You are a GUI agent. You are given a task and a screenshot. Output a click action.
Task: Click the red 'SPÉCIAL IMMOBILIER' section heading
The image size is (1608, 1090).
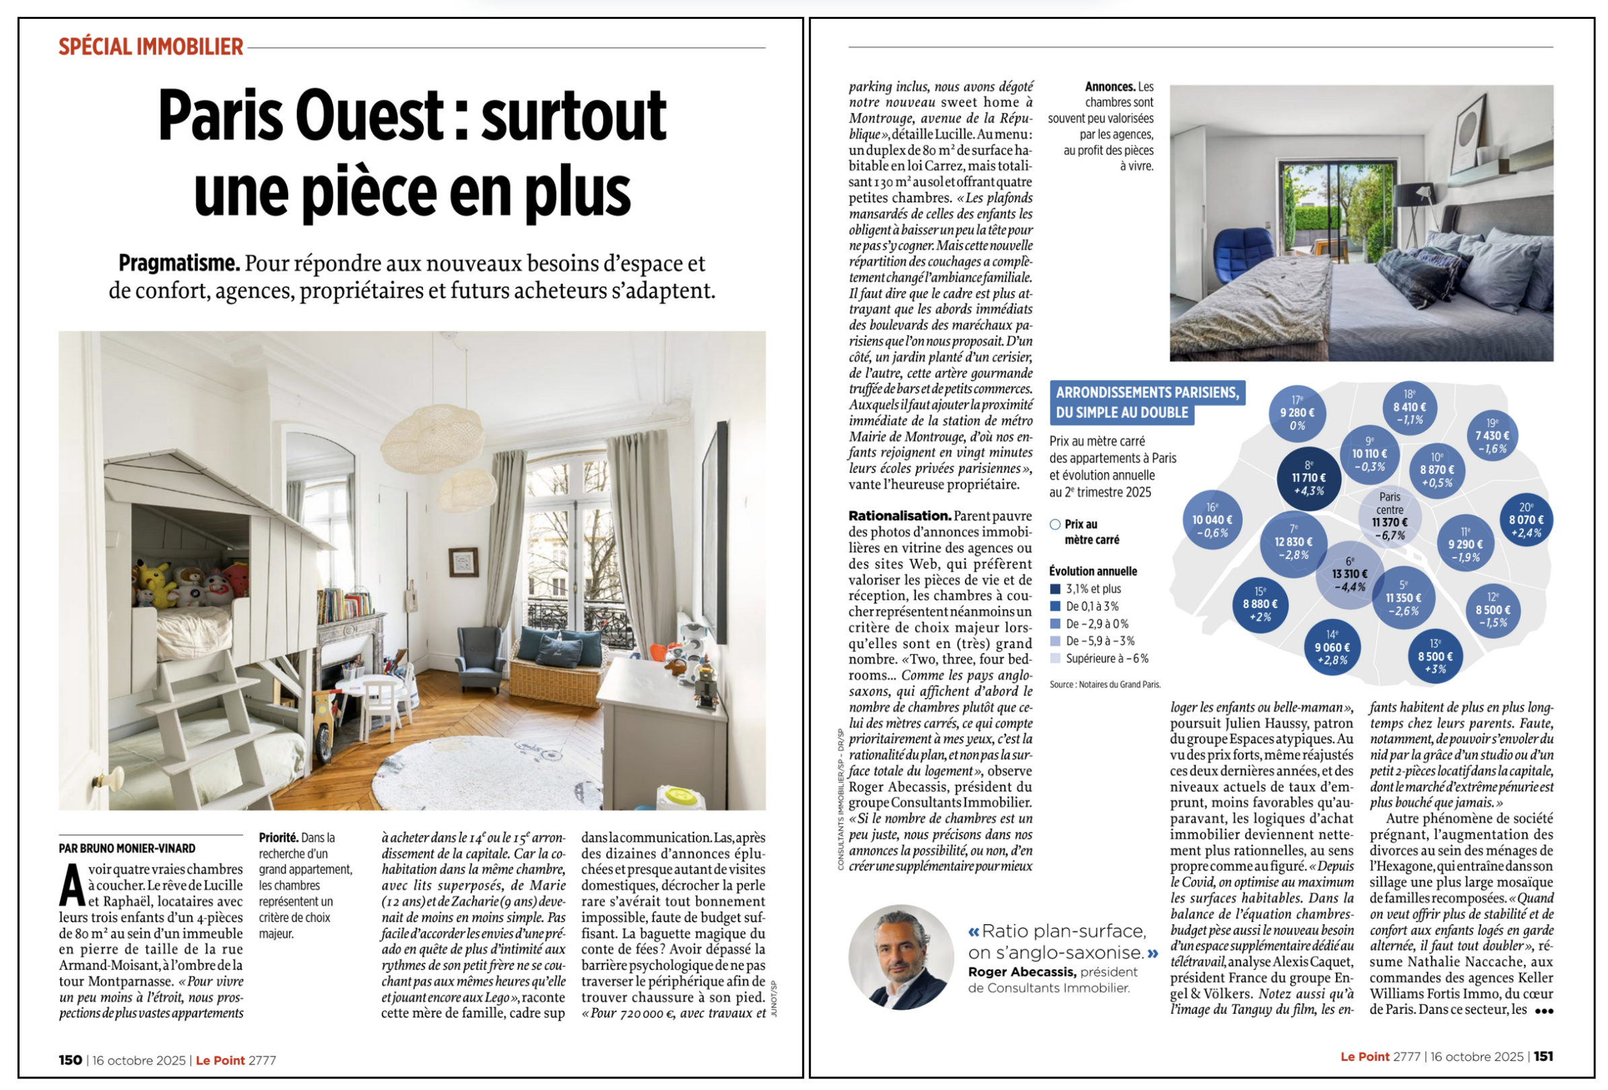(x=151, y=47)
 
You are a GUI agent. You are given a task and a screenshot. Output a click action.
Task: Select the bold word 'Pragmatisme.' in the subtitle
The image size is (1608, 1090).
(x=179, y=263)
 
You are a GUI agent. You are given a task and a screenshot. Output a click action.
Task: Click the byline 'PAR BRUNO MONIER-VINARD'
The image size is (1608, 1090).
(x=127, y=848)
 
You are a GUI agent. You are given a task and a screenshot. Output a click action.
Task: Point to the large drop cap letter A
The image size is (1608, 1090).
(x=72, y=886)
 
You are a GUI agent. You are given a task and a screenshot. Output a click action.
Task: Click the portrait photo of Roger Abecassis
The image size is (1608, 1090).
(x=900, y=957)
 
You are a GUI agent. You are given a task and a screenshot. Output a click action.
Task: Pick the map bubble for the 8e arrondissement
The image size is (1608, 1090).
(x=1308, y=478)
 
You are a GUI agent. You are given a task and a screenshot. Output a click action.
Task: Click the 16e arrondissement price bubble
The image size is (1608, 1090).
(x=1212, y=521)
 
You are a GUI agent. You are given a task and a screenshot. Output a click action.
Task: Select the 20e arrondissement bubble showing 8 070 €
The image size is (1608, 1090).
(x=1526, y=520)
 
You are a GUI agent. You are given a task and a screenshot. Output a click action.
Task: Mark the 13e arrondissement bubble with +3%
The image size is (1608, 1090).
(x=1435, y=657)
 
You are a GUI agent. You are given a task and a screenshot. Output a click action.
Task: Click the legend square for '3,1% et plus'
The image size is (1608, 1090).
(x=1055, y=589)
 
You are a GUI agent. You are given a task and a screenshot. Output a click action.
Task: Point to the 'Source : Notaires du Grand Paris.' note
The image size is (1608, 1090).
(x=1104, y=684)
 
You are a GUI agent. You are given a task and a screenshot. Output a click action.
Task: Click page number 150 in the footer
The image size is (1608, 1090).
(x=71, y=1060)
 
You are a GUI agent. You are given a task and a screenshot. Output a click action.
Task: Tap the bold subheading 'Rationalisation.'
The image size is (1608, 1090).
(x=900, y=515)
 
